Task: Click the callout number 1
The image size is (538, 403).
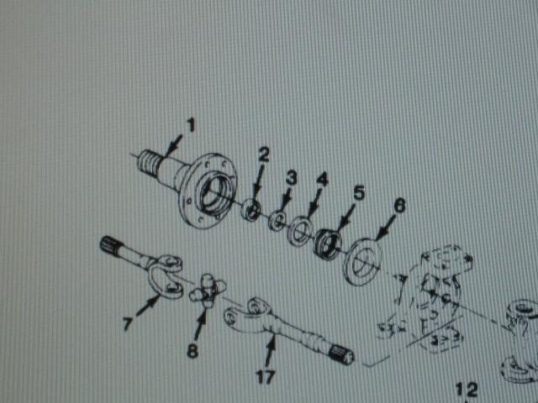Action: (x=191, y=125)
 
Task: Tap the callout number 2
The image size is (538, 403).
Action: (x=263, y=154)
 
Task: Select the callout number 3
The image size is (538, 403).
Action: (x=291, y=179)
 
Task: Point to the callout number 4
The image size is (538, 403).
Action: (x=322, y=180)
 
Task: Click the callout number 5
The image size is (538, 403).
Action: (x=359, y=193)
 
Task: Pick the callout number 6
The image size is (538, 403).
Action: (x=399, y=206)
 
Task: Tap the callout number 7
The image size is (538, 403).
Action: (x=128, y=323)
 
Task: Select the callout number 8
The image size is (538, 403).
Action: (x=193, y=351)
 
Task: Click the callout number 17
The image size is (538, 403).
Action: (x=266, y=377)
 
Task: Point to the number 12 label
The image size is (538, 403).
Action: (x=467, y=390)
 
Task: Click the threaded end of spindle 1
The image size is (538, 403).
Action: (x=148, y=162)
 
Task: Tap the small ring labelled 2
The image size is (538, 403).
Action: (x=251, y=209)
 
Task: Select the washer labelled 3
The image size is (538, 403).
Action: (x=277, y=221)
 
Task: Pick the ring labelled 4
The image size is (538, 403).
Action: (x=300, y=230)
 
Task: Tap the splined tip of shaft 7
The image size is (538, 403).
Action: (x=110, y=244)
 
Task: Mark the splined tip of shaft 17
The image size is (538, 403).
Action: (x=341, y=354)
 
